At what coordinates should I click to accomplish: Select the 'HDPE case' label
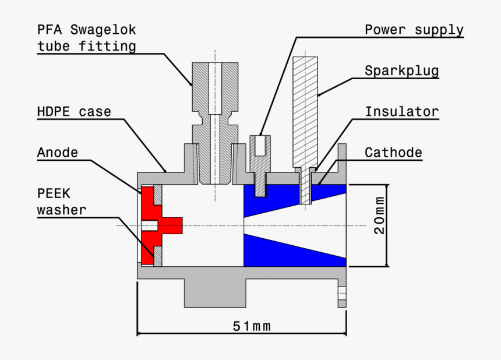(73, 111)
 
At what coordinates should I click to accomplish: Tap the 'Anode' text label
(57, 153)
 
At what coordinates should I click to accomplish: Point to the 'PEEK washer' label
(61, 201)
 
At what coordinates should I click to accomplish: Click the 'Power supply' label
(414, 30)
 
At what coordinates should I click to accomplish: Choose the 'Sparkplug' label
(401, 70)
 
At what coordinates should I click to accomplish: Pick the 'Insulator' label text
(401, 111)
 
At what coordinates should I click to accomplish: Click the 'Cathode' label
(393, 153)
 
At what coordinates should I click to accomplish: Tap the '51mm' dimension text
(252, 326)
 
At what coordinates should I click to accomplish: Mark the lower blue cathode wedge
(280, 250)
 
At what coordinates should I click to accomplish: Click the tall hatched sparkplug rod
(305, 111)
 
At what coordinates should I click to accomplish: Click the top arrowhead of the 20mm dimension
(386, 188)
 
